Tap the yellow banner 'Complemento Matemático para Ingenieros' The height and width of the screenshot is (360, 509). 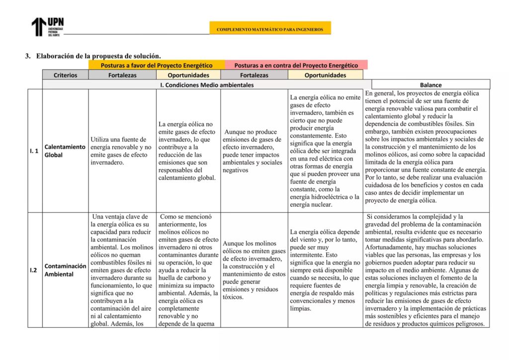(270, 29)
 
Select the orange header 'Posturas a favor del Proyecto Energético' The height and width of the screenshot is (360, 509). (157, 65)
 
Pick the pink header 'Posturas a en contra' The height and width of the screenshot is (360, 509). (296, 65)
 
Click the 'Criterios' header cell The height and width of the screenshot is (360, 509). (66, 75)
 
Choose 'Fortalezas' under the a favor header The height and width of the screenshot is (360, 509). (122, 75)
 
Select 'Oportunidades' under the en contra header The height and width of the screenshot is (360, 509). (325, 75)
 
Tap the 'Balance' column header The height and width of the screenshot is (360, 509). (430, 85)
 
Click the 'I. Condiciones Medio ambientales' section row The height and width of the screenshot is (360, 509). (207, 85)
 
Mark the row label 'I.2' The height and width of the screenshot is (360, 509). (34, 270)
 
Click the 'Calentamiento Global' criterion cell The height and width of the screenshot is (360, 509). (65, 151)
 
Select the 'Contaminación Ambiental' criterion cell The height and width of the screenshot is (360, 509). (65, 270)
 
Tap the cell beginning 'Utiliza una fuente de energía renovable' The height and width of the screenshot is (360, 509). (122, 151)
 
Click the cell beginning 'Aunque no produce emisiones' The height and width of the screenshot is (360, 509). (253, 151)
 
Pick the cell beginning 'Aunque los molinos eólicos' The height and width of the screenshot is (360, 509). (254, 270)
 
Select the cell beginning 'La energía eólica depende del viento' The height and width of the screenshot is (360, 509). (325, 270)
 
